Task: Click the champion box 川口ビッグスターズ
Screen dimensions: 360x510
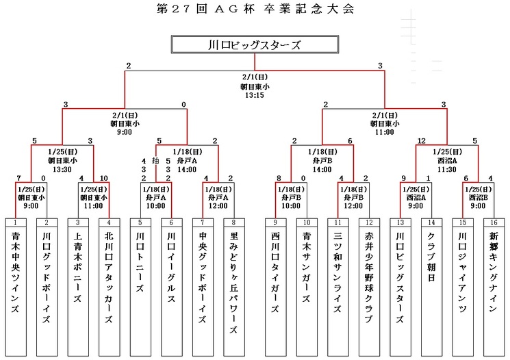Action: click(255, 46)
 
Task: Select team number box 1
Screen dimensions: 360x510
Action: click(16, 222)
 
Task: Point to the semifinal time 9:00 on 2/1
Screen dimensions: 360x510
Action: click(125, 132)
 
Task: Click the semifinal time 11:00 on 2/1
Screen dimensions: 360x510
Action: click(383, 132)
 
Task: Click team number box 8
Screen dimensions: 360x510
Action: click(234, 222)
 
